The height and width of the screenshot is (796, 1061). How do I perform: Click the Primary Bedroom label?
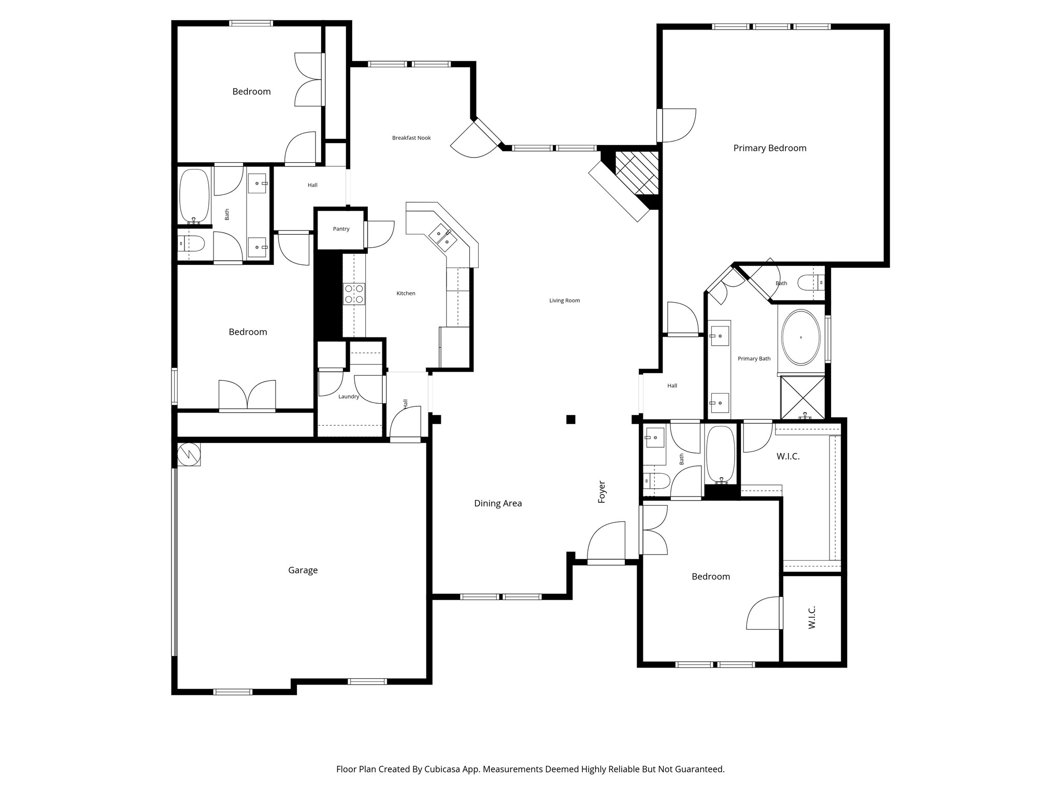coord(769,148)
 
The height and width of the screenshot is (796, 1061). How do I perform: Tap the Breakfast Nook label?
coord(411,138)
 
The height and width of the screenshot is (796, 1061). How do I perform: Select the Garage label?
coord(303,570)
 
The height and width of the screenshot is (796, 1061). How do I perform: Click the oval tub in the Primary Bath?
coord(800,337)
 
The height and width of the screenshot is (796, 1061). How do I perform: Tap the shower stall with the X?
coord(802,397)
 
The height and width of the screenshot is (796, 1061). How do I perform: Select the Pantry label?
coord(341,229)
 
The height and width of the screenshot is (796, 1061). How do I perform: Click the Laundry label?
coord(349,396)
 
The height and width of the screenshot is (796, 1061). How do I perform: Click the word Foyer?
coord(602,492)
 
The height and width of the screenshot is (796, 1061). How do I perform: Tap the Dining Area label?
coord(498,503)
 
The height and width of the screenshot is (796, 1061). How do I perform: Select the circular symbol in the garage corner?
coord(189,454)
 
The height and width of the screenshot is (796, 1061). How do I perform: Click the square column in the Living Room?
coord(570,419)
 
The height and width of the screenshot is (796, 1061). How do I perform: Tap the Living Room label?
coord(564,301)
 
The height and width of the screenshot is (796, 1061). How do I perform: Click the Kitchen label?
coord(406,293)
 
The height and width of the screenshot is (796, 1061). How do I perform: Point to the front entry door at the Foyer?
coord(606,544)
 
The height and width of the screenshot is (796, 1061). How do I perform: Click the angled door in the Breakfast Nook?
coord(476,139)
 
